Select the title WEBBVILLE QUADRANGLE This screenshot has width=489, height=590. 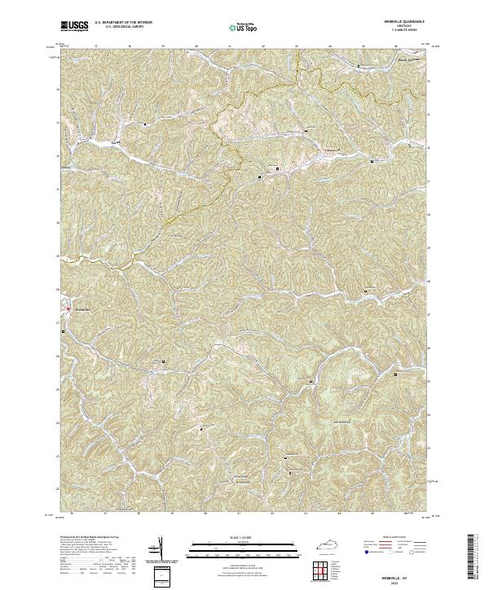(x=403, y=22)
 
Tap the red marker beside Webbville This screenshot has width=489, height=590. (x=67, y=308)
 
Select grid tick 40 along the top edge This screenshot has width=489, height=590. (x=196, y=46)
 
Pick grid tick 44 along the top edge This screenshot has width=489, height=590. (x=329, y=46)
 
